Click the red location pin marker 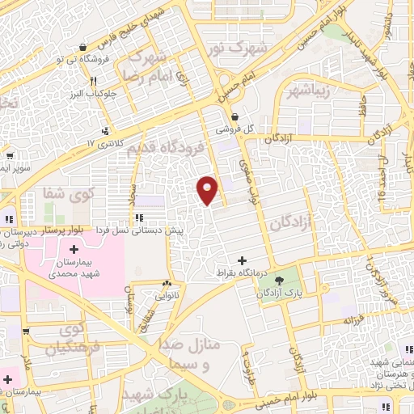[x=208, y=189]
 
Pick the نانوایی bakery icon [x=167, y=284]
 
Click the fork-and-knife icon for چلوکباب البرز [x=95, y=80]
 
